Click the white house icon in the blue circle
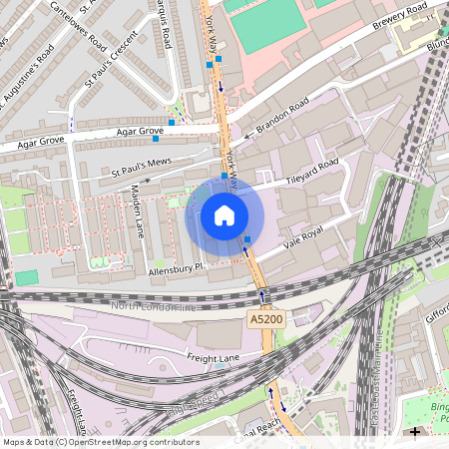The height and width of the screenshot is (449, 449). click(x=224, y=216)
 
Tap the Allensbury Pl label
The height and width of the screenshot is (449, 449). click(x=176, y=267)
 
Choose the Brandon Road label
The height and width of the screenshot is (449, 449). click(x=283, y=117)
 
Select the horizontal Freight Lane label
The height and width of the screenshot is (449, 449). click(x=187, y=356)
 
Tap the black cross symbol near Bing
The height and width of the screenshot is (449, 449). click(x=415, y=432)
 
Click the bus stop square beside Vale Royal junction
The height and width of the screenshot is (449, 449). click(x=247, y=238)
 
